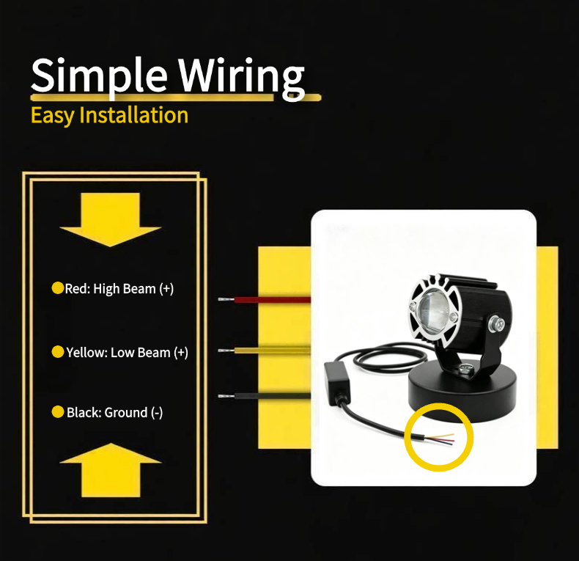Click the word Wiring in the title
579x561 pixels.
click(x=242, y=78)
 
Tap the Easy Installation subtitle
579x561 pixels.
click(x=110, y=115)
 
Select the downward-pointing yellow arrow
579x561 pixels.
click(x=111, y=219)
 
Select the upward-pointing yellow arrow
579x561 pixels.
click(x=111, y=470)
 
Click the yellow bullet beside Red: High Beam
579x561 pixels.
click(x=58, y=288)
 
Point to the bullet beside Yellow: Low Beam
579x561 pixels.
click(x=58, y=352)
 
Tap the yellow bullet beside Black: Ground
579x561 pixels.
click(x=58, y=411)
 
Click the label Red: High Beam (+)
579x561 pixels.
click(x=119, y=289)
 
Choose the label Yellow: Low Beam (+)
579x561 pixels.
click(x=127, y=353)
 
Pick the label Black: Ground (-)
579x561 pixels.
click(x=114, y=412)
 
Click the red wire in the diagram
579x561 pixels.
click(x=265, y=299)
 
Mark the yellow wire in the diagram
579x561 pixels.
click(x=265, y=350)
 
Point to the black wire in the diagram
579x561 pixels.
click(x=265, y=396)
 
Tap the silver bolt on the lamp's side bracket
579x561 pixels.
click(x=496, y=324)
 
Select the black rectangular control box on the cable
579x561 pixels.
click(x=337, y=382)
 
